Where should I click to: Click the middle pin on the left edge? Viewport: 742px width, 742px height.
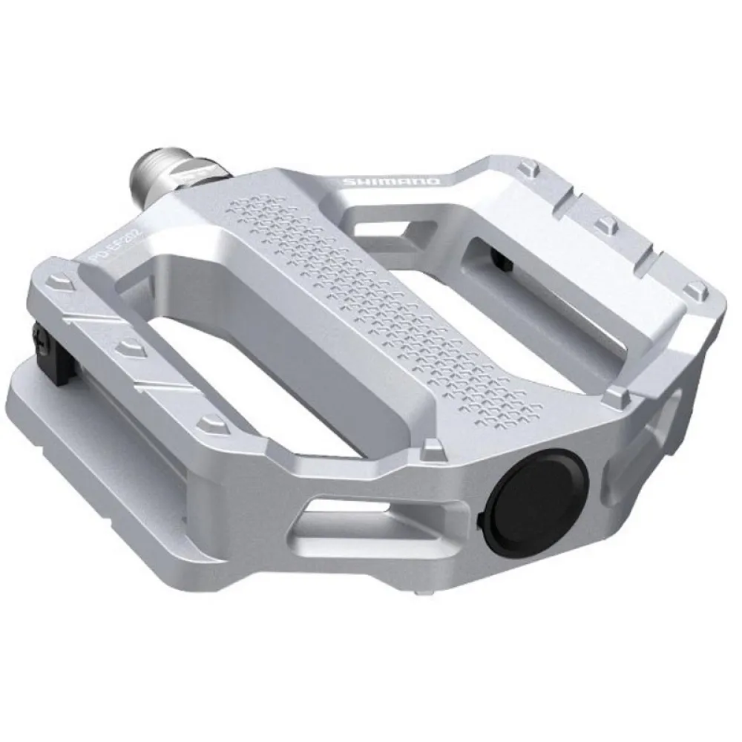[x=129, y=345]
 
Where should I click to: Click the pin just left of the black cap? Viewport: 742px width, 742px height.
[x=429, y=448]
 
